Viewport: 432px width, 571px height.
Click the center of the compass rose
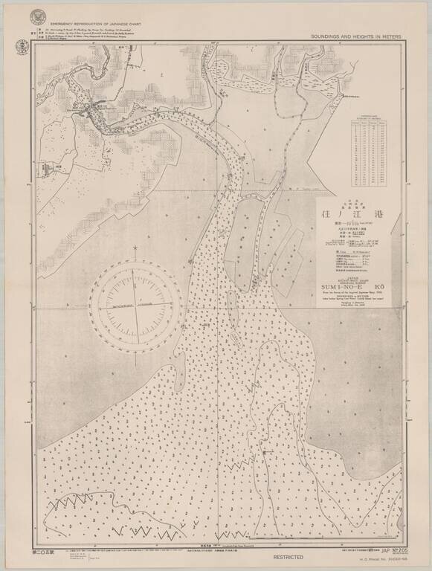135,306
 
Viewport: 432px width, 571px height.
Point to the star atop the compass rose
135,248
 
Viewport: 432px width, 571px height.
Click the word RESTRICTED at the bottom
287,556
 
